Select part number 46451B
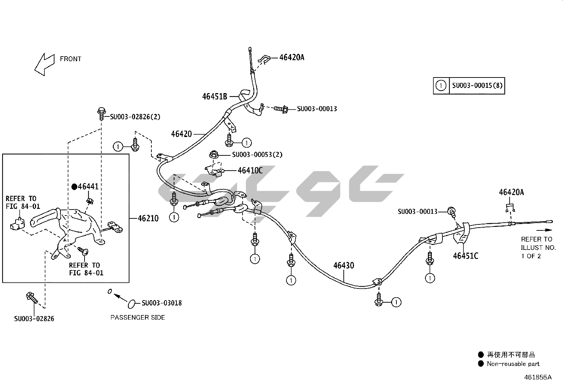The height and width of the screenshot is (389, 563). point(215,96)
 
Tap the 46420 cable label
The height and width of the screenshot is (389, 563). point(181,134)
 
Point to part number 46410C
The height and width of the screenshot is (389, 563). point(250,171)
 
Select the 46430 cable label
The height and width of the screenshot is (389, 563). point(343,265)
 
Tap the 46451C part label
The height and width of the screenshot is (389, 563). point(465,256)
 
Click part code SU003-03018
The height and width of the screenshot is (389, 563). point(162,303)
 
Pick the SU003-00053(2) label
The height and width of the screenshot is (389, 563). point(257,155)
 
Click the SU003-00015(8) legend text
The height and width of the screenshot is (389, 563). point(477,86)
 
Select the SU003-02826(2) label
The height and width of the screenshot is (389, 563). point(135,117)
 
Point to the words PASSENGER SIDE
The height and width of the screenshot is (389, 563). point(138,318)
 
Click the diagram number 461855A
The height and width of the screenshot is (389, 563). point(538,377)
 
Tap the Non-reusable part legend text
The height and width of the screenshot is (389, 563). point(513,364)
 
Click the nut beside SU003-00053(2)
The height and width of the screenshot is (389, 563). point(213,154)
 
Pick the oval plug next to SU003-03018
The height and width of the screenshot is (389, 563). point(131,303)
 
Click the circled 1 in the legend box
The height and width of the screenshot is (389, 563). point(441,86)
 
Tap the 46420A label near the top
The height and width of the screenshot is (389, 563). point(292,57)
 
